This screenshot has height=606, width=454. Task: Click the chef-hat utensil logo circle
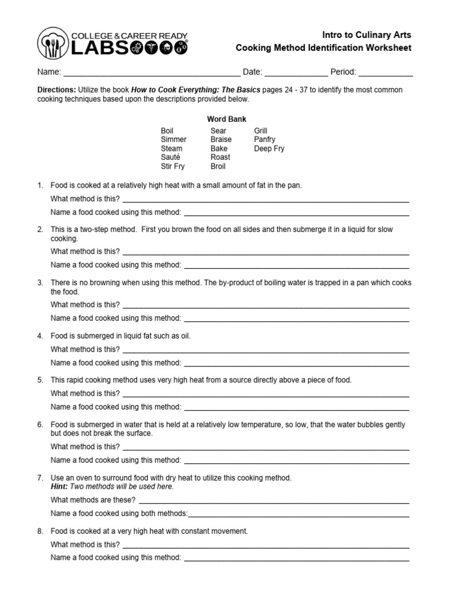click(x=54, y=44)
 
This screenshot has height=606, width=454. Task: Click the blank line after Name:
click(x=151, y=73)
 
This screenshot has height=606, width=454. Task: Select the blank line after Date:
click(x=296, y=73)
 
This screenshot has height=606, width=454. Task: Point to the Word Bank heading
click(x=226, y=119)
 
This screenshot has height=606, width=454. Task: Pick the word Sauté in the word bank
click(x=170, y=157)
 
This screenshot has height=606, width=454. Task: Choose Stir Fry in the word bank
click(x=173, y=166)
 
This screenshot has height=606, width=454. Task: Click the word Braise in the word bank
click(x=221, y=140)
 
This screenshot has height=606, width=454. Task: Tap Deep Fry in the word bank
click(x=269, y=149)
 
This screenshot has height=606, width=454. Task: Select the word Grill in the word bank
click(x=261, y=131)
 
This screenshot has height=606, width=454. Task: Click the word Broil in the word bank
click(x=218, y=166)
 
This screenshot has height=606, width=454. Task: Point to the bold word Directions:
click(x=57, y=89)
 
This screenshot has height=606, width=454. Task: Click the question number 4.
click(x=40, y=336)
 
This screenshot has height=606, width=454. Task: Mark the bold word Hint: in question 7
click(x=60, y=486)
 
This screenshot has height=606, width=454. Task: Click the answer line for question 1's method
click(x=265, y=200)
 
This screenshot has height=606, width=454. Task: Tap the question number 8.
click(x=40, y=531)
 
